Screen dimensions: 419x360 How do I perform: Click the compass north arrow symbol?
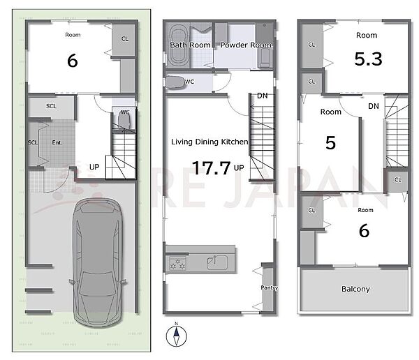coord(177,336)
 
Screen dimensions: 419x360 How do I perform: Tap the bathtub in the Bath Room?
coord(177,45)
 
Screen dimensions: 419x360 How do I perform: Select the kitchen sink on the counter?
coord(217,262)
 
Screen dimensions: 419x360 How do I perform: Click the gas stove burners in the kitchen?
coord(177,263)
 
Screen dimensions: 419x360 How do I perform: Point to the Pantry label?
coord(270,287)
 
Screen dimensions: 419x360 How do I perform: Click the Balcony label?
coord(355,289)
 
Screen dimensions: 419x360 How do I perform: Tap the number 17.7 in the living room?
coord(211,168)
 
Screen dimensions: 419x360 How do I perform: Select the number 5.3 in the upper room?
coord(368,59)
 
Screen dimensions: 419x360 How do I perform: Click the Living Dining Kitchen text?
coord(209,142)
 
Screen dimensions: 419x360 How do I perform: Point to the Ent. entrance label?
coord(57,142)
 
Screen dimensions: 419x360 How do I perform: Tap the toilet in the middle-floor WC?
coord(175,82)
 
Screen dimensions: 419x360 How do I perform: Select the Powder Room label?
coord(246,45)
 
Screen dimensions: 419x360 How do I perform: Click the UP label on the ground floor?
coord(94,167)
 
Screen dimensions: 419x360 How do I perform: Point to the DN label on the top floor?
coord(374,106)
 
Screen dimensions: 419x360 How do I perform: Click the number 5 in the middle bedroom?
coord(330,142)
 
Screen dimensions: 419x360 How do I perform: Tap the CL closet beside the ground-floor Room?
coord(125,39)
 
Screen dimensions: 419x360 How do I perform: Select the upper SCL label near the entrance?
coord(51,106)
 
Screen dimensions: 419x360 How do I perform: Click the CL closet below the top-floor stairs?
coord(397,180)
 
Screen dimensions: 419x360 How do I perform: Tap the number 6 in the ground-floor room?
coord(73,61)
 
